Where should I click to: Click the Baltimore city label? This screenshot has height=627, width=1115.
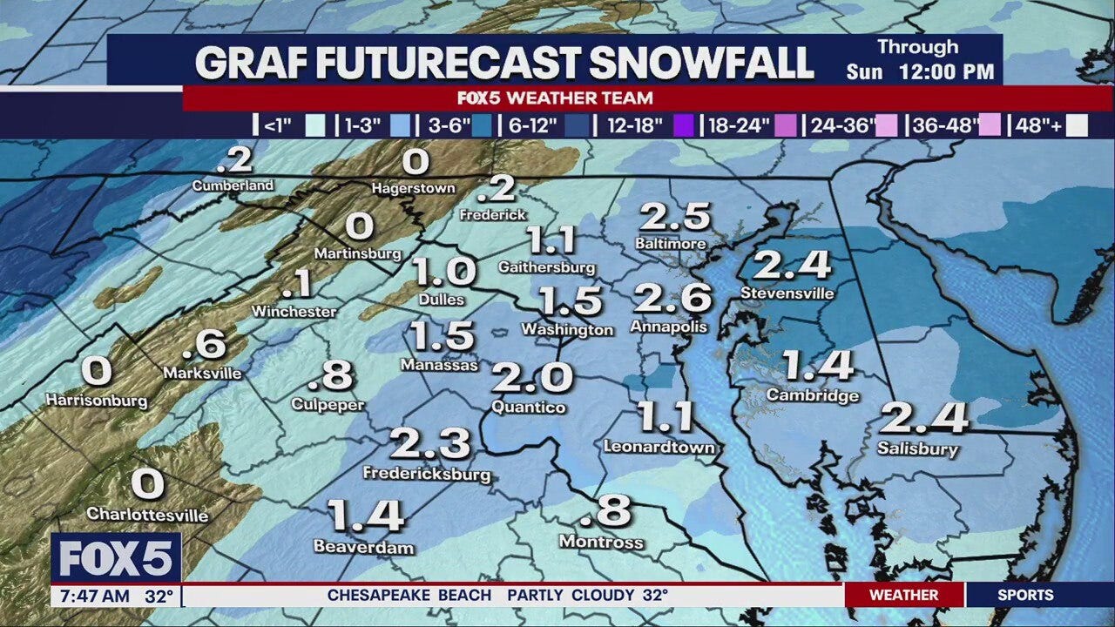670,244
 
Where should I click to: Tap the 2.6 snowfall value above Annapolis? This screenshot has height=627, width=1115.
672,299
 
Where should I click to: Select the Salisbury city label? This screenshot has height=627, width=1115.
917,449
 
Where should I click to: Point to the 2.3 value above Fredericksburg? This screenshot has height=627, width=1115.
430,444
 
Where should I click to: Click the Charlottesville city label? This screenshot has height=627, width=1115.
147,515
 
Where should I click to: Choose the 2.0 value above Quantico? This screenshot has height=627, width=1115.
532,378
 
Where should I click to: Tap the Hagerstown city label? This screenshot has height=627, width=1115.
413,187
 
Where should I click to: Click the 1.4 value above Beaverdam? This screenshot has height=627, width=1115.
366,516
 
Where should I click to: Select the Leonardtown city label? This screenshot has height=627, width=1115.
659,447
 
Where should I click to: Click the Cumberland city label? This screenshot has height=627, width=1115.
233,185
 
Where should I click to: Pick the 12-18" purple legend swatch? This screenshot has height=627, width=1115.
684,125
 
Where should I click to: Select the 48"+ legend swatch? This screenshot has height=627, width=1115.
1077,125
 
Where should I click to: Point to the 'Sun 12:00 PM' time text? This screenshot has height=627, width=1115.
920,72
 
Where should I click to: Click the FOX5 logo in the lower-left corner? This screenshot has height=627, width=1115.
116,558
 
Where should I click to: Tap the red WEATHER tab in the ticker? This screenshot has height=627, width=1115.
903,596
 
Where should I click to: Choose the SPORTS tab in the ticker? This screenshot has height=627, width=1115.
1025,596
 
